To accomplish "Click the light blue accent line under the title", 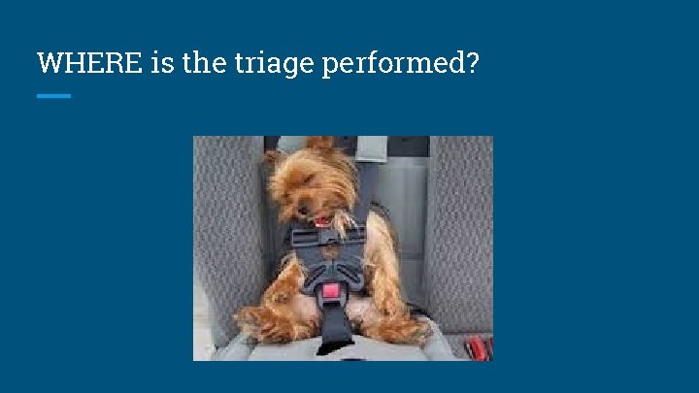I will click(x=53, y=96).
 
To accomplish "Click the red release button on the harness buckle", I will click(x=331, y=290).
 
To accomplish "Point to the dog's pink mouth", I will click(x=319, y=220).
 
